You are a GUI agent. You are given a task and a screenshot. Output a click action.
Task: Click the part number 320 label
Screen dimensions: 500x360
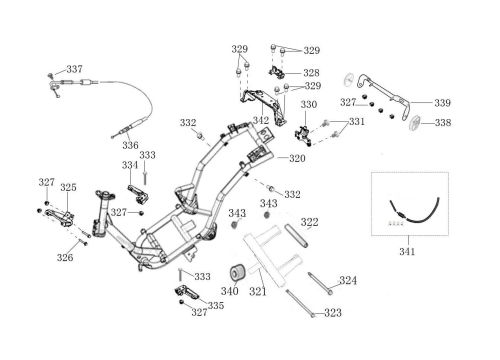click(x=297, y=158)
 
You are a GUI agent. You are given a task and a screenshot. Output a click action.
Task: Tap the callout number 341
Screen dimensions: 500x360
click(x=407, y=251)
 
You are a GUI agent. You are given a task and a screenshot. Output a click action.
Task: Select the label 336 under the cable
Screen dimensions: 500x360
click(x=130, y=145)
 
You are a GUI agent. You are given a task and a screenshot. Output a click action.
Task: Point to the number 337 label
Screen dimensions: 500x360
click(x=75, y=69)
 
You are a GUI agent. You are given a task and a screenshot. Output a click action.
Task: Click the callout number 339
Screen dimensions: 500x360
click(x=442, y=103)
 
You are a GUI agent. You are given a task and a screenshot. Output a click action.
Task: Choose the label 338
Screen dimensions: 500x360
click(x=443, y=123)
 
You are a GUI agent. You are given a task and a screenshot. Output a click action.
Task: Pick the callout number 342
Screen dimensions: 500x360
click(x=261, y=120)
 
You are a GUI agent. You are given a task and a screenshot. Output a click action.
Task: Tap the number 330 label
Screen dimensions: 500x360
click(x=309, y=104)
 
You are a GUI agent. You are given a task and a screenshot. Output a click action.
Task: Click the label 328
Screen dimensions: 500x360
click(x=311, y=73)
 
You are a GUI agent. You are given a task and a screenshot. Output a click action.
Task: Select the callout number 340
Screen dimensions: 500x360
click(x=230, y=291)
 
